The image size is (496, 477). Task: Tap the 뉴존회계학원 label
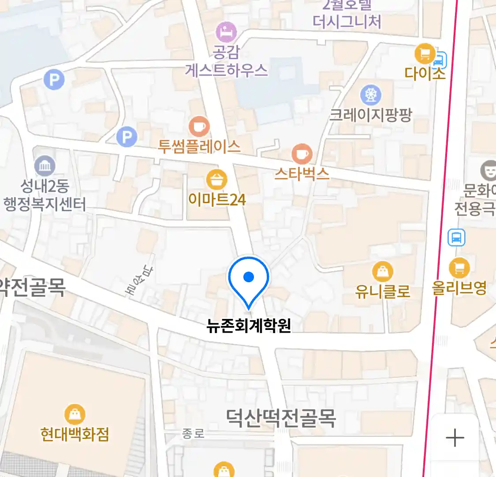[249, 326]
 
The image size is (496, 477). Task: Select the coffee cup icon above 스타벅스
[302, 154]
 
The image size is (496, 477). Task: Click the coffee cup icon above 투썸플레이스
[199, 127]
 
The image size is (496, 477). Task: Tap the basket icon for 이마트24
[216, 180]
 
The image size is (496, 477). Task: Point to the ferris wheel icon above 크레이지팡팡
[371, 94]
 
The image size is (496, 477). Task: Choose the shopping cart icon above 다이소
[425, 54]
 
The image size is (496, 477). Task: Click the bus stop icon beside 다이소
[440, 59]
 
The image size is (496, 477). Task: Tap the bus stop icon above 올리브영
[456, 238]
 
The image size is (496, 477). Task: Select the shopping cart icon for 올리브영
[459, 268]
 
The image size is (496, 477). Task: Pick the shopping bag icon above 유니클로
[382, 272]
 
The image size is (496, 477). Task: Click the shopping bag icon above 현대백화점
[75, 414]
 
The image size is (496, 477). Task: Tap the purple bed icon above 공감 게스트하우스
[226, 32]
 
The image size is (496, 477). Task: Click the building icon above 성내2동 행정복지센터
[45, 166]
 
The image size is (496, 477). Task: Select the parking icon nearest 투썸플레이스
[127, 137]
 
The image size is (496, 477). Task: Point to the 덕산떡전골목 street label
[281, 418]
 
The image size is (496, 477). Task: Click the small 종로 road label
[194, 434]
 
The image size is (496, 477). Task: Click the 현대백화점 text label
[75, 434]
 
